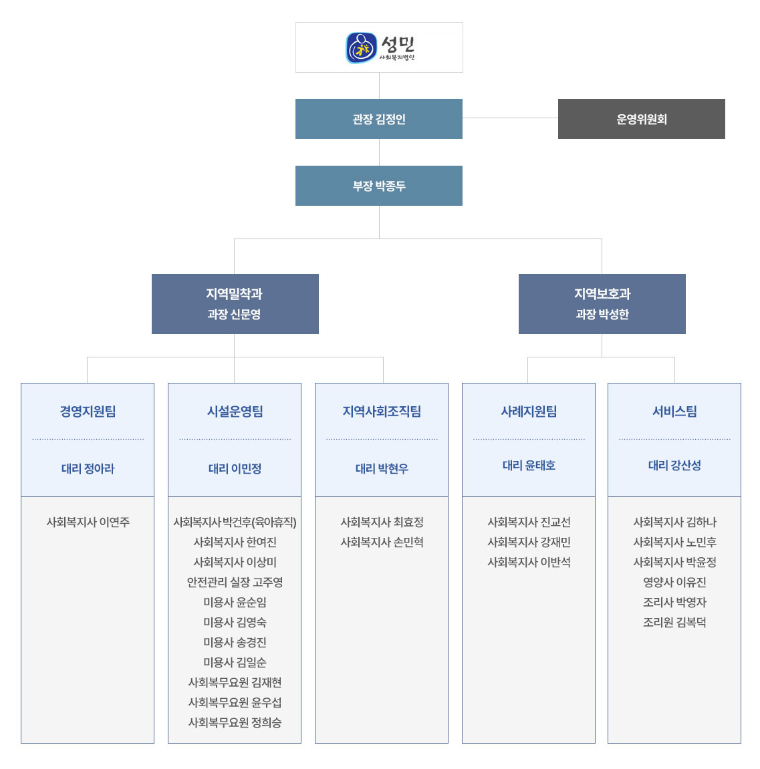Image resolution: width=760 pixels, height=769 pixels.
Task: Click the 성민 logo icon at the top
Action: tap(362, 48)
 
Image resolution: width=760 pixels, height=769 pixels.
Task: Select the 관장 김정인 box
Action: tap(379, 119)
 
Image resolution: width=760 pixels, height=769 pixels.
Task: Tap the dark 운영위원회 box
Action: tap(641, 119)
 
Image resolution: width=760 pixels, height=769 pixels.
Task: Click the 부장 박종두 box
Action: tap(379, 185)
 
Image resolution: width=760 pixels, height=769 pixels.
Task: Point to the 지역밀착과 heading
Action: tap(235, 294)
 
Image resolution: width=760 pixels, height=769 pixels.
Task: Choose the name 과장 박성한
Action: tap(602, 315)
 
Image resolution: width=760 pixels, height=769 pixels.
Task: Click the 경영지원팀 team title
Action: tap(88, 411)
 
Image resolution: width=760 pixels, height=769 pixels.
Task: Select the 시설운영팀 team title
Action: tap(235, 411)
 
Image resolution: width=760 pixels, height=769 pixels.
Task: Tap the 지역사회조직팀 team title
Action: tap(382, 411)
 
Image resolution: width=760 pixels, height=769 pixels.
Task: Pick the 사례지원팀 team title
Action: tap(529, 411)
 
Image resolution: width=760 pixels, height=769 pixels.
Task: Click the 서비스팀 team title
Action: tap(674, 411)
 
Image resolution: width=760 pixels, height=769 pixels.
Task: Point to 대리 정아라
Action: tap(88, 468)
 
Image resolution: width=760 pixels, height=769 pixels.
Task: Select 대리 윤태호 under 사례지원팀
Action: tap(529, 466)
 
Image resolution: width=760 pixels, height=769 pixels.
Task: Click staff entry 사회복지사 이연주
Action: tap(88, 522)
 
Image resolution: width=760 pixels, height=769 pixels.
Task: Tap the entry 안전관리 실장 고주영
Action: tap(235, 582)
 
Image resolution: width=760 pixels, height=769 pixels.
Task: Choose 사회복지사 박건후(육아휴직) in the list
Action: tap(235, 522)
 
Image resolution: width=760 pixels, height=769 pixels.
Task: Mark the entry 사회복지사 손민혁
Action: tap(382, 542)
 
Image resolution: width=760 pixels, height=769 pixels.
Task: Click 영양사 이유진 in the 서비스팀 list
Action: tap(674, 582)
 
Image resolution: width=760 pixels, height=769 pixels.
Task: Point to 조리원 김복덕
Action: tap(674, 623)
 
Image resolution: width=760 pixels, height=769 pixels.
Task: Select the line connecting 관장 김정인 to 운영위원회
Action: tap(510, 118)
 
